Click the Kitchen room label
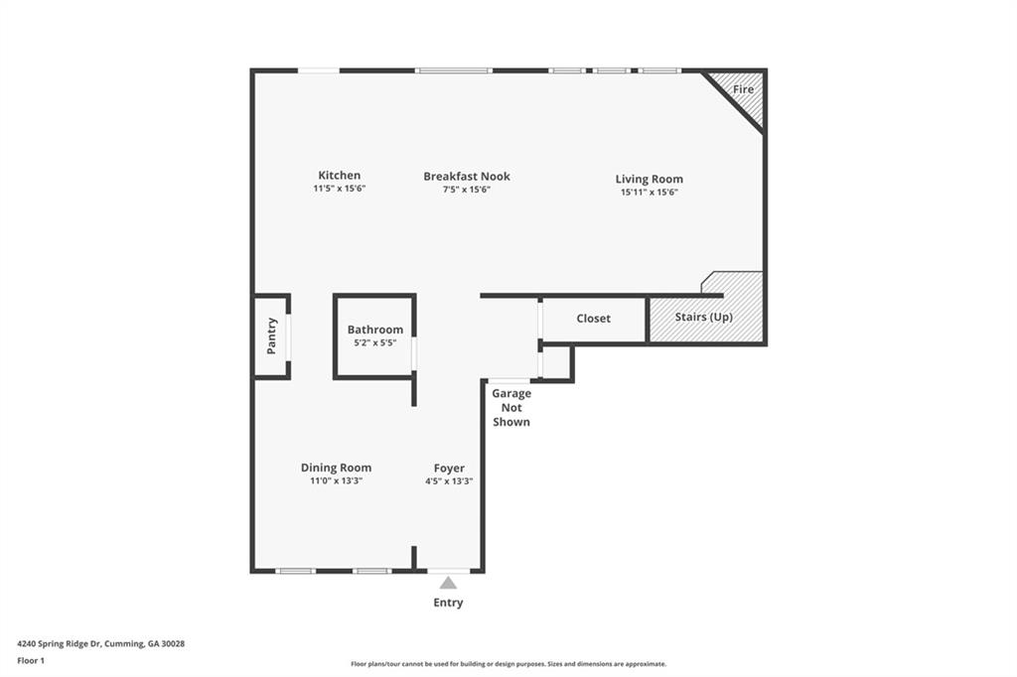(x=339, y=176)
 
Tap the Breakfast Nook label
(x=467, y=177)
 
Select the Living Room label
(x=649, y=180)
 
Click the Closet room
(x=593, y=319)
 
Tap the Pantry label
(x=271, y=336)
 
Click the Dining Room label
(x=336, y=468)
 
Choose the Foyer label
(x=449, y=469)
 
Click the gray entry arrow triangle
(x=449, y=583)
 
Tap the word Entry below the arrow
(x=448, y=603)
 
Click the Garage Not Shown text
(x=511, y=408)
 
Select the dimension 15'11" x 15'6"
(x=649, y=193)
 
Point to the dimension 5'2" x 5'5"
(x=374, y=342)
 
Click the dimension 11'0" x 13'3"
(x=336, y=480)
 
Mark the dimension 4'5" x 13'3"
(x=449, y=480)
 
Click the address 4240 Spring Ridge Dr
(x=100, y=643)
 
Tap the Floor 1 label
(x=31, y=660)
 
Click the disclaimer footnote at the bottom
(x=508, y=664)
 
